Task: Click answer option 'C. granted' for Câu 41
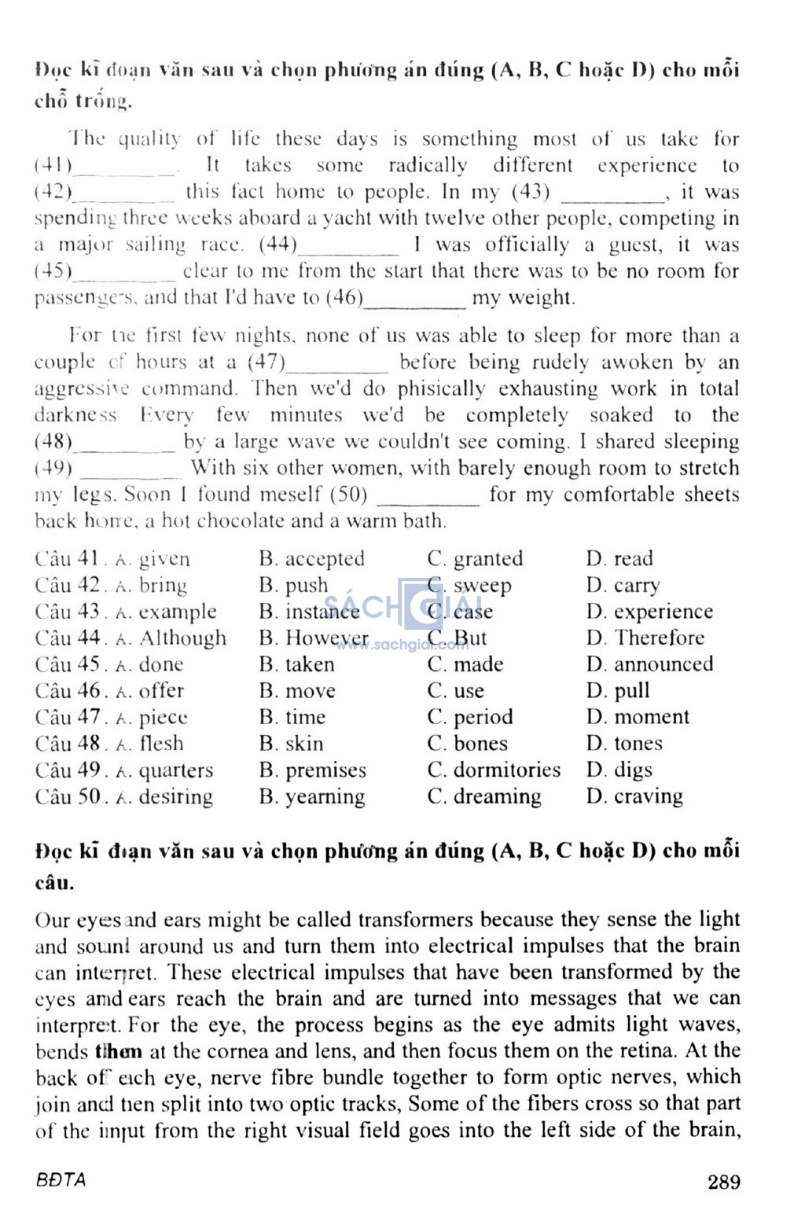pyautogui.click(x=475, y=559)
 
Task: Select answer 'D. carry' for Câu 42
pyautogui.click(x=623, y=586)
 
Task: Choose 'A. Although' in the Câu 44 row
pyautogui.click(x=171, y=638)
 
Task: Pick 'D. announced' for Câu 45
pyautogui.click(x=649, y=664)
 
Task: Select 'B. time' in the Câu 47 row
pyautogui.click(x=292, y=717)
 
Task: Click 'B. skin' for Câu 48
pyautogui.click(x=291, y=744)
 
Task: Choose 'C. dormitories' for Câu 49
pyautogui.click(x=494, y=770)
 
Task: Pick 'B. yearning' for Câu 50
pyautogui.click(x=312, y=797)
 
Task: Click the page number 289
pyautogui.click(x=723, y=1182)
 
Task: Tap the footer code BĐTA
pyautogui.click(x=61, y=1180)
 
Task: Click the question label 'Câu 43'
pyautogui.click(x=67, y=612)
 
